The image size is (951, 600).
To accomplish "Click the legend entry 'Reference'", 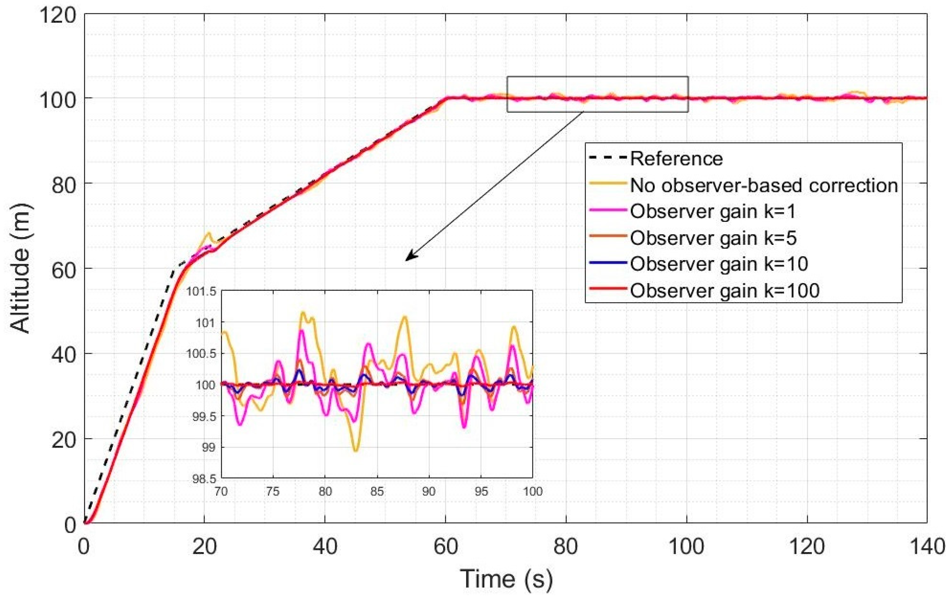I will [x=676, y=159].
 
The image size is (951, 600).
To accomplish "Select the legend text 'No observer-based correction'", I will [x=764, y=185].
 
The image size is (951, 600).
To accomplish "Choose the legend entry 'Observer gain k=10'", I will [x=719, y=264].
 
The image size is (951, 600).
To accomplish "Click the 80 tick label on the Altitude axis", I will [x=63, y=185].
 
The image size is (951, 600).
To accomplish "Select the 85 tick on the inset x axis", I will [x=377, y=492].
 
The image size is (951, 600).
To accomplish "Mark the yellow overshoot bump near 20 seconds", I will [x=208, y=234].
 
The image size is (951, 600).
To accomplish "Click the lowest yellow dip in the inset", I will [x=355, y=451].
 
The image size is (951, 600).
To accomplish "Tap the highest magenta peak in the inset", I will [x=302, y=331].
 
